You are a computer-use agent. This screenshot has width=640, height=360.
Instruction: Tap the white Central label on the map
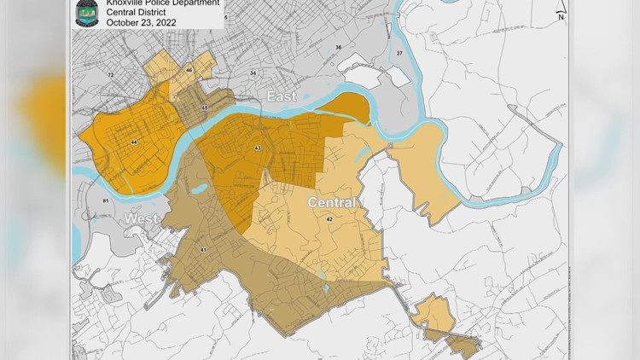click(330, 203)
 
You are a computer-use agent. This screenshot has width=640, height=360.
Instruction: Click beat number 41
click(203, 249)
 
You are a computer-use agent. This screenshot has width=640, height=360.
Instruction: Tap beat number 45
click(205, 107)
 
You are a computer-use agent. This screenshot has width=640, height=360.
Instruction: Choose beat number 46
click(189, 69)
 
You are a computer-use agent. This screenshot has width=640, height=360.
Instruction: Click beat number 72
click(110, 75)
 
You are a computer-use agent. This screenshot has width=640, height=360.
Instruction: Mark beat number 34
click(253, 73)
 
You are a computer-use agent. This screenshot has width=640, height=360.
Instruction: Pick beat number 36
click(338, 47)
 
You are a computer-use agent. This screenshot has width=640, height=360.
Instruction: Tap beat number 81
click(106, 200)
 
